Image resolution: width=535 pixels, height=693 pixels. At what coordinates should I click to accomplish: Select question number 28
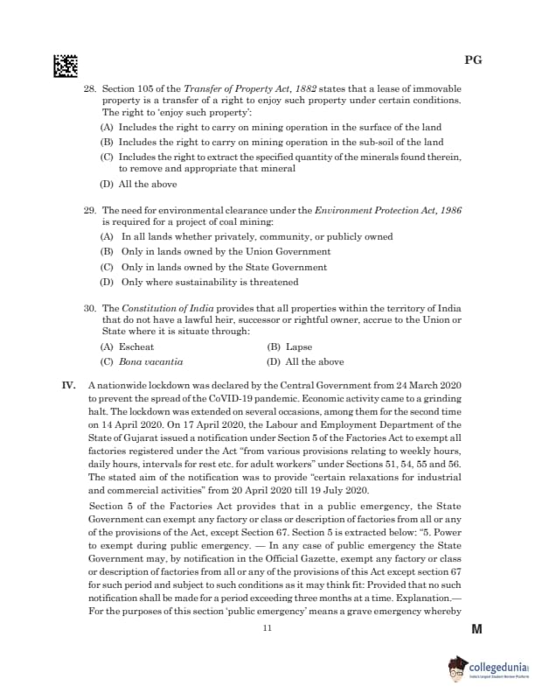coord(89,89)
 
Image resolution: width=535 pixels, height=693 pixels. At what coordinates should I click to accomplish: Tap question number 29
coord(89,212)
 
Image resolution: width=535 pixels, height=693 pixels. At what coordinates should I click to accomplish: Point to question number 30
coord(89,309)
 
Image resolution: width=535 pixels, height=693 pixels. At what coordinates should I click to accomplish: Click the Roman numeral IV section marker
coord(72,386)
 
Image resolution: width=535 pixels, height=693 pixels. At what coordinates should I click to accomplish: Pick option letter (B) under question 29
coord(107,252)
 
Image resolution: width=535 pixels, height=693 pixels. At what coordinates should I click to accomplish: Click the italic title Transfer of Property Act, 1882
coord(254,89)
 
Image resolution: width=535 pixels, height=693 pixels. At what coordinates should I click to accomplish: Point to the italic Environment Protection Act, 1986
coord(387,212)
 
